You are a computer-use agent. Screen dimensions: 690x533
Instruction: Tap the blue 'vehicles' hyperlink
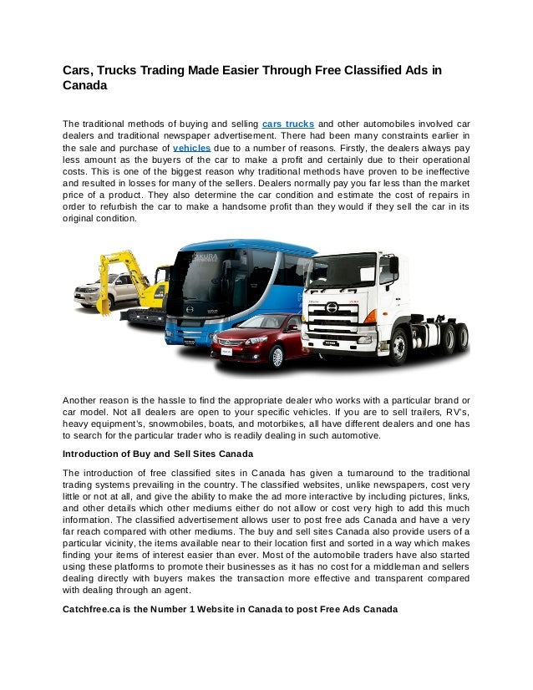pos(192,146)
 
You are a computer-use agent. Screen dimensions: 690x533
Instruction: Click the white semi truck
pos(384,301)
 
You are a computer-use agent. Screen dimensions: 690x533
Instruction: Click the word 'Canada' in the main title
pos(84,85)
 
